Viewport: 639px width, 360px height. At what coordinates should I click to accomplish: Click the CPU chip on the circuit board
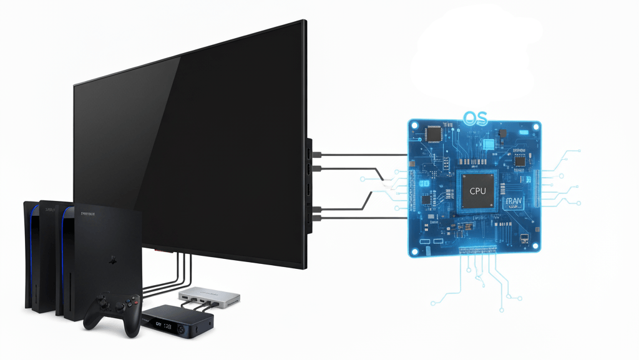[x=477, y=190]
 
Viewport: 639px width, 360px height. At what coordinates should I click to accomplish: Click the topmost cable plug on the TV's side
[x=318, y=153]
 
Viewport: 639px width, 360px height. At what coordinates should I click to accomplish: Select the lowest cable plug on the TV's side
[x=318, y=218]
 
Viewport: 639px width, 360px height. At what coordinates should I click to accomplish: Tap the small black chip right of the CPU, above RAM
[x=519, y=161]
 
